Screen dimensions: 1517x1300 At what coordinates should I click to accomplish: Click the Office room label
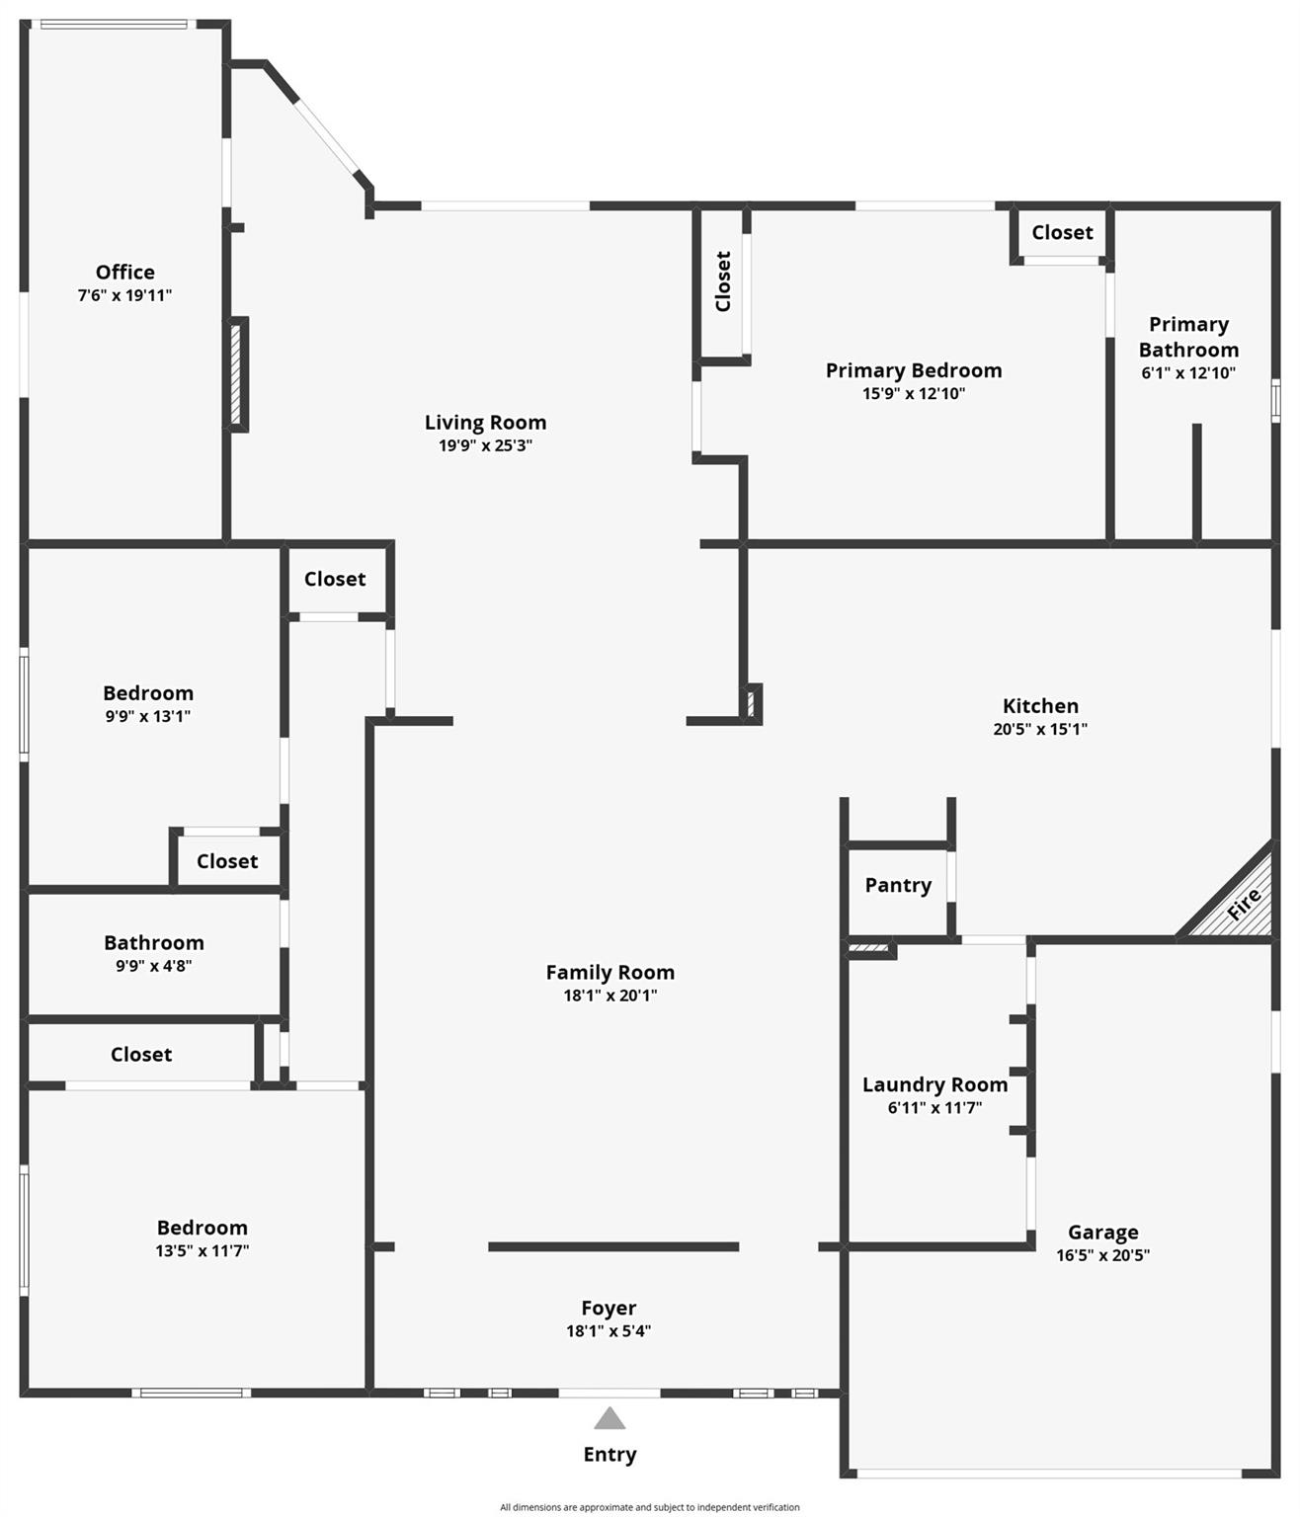coord(125,272)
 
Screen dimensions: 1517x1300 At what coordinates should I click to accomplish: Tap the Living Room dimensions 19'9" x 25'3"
coord(485,445)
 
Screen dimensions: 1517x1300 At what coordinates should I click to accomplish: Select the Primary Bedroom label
coord(914,370)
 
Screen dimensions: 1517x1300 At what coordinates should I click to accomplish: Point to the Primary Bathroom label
coord(1188,337)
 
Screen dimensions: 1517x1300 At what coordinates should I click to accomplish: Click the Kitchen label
coord(1040,705)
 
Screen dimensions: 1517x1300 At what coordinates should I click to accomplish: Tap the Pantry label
coord(898,885)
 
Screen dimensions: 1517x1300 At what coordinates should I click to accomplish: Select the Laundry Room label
coord(934,1084)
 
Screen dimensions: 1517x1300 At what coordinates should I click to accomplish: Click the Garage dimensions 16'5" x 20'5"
coord(1102,1255)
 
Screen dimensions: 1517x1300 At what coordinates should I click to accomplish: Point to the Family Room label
coord(609,972)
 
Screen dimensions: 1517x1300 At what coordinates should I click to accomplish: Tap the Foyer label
coord(609,1308)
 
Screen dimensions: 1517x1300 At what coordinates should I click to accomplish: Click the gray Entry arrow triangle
coord(609,1419)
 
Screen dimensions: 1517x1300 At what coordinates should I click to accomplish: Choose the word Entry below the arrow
coord(609,1454)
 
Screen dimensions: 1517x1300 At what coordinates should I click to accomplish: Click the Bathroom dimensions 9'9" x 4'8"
coord(154,966)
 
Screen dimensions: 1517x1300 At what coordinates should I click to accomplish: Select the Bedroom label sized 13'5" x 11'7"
coord(203,1228)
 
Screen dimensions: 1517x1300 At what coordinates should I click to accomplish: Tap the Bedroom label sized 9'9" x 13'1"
coord(148,692)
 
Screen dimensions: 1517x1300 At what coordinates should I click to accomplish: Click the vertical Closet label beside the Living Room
coord(723,281)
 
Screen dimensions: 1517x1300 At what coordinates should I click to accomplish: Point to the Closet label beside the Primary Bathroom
coord(1062,232)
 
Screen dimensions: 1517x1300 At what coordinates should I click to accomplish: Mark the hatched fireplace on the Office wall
coord(237,374)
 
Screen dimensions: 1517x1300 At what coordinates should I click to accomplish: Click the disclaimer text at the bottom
coord(649,1507)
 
